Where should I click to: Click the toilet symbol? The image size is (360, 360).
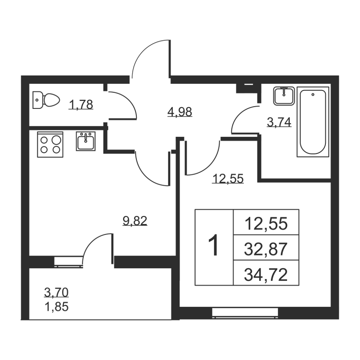click(46, 100)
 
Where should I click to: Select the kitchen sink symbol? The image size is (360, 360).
click(85, 141)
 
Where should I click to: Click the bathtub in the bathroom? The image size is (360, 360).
click(313, 122)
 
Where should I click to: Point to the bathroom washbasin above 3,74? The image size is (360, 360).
click(283, 96)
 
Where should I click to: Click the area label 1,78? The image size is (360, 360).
click(81, 105)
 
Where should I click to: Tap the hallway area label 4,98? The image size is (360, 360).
click(180, 111)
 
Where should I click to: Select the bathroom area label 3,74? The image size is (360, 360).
click(279, 122)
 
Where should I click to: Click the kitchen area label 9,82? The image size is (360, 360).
click(135, 220)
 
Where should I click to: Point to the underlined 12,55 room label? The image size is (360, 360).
click(228, 179)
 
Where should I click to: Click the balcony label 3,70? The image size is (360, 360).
click(56, 293)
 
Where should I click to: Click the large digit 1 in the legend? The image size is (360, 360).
click(214, 247)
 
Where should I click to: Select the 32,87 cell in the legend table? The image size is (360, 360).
click(266, 248)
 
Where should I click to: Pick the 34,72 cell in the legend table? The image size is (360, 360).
click(266, 273)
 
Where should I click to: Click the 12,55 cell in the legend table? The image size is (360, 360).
click(266, 223)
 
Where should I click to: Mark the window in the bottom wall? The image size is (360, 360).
click(245, 312)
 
